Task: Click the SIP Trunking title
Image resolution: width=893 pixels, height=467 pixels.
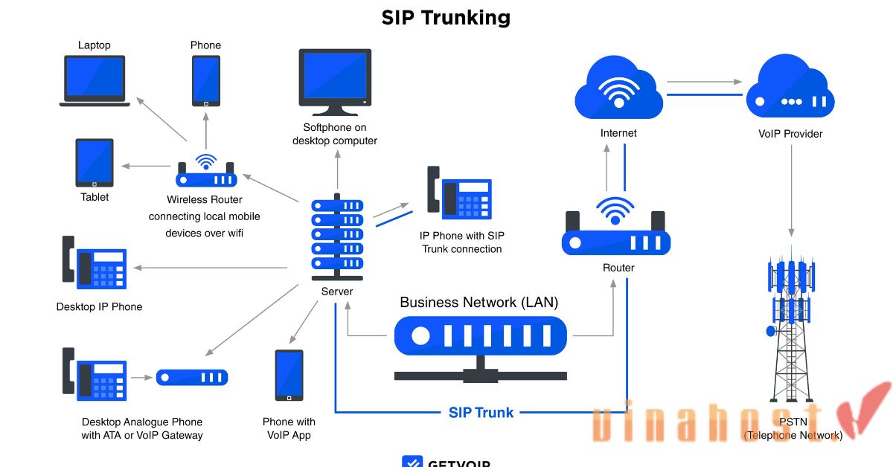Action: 446,18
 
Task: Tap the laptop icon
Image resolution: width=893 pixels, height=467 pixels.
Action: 95,80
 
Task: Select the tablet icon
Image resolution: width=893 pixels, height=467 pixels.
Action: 95,163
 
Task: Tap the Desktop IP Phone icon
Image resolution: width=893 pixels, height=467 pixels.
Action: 95,264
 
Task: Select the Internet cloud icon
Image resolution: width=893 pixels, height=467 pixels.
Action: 618,90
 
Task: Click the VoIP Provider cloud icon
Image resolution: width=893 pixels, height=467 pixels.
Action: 790,90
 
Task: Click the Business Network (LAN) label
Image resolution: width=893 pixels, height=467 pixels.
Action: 478,303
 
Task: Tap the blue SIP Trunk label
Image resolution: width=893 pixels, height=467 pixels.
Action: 481,412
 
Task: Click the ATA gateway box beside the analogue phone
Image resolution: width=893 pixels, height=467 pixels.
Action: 192,377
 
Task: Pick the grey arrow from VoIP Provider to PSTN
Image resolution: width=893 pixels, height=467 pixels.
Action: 790,186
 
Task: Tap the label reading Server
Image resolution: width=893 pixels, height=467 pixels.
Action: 337,292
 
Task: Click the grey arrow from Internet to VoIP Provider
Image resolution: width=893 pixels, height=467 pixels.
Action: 704,82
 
